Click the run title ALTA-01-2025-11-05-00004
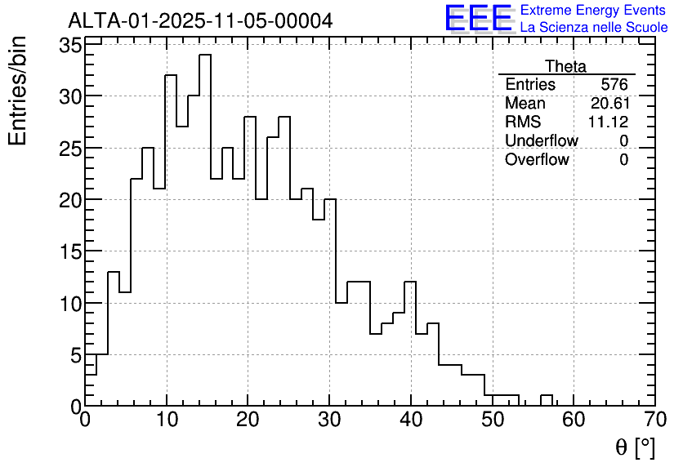[200, 20]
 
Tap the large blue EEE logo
[478, 18]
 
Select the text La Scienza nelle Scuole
[594, 28]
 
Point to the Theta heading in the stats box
[565, 66]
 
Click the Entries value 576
[614, 85]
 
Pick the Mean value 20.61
[609, 104]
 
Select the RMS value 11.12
[608, 122]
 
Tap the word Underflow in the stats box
[541, 140]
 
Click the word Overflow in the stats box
[537, 159]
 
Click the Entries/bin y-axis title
[18, 91]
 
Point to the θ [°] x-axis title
[635, 447]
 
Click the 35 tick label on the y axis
[69, 45]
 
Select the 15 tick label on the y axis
[69, 251]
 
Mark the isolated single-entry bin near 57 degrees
[546, 400]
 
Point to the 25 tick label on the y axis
[69, 149]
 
